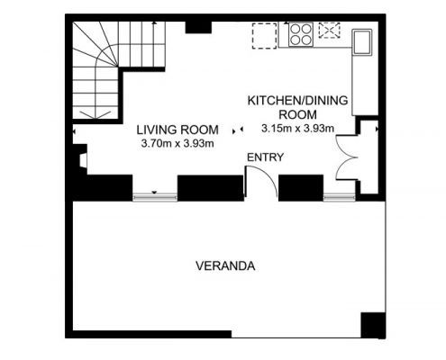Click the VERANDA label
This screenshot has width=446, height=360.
pyautogui.click(x=225, y=266)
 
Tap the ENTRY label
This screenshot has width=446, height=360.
pyautogui.click(x=265, y=157)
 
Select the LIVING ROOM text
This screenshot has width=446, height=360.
pyautogui.click(x=177, y=130)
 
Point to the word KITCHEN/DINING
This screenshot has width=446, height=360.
pyautogui.click(x=297, y=101)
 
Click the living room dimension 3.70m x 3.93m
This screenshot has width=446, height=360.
pyautogui.click(x=177, y=144)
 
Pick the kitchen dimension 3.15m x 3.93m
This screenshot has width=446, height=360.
pyautogui.click(x=297, y=129)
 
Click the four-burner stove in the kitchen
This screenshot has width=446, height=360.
pyautogui.click(x=301, y=34)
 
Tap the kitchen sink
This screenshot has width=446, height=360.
pyautogui.click(x=362, y=41)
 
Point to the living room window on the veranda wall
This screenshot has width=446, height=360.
pyautogui.click(x=155, y=197)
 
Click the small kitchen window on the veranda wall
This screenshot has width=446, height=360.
pyautogui.click(x=340, y=197)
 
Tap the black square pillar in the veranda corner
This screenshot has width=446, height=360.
pyautogui.click(x=373, y=325)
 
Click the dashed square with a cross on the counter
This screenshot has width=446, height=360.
pyautogui.click(x=329, y=31)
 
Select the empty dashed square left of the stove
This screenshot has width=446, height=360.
pyautogui.click(x=264, y=36)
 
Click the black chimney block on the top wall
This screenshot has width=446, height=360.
pyautogui.click(x=198, y=27)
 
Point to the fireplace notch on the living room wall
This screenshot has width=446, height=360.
pyautogui.click(x=83, y=160)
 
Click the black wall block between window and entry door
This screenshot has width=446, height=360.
pyautogui.click(x=211, y=188)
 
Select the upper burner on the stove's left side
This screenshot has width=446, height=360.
pyautogui.click(x=295, y=29)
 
